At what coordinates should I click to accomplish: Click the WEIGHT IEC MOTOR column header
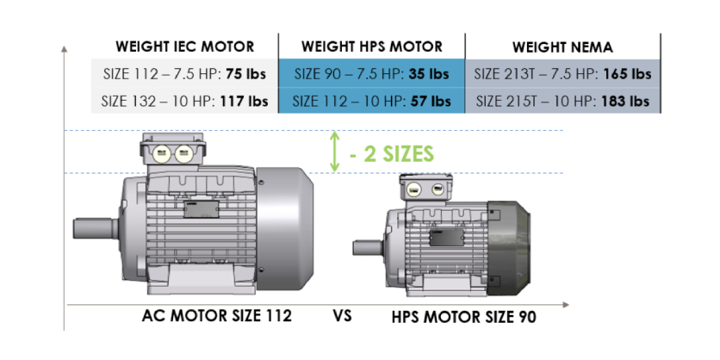point(184,47)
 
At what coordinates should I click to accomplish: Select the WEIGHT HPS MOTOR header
point(372,47)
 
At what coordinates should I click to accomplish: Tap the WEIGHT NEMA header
point(562,47)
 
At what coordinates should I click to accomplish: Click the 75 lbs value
point(245,74)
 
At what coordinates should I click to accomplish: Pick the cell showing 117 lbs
point(184,101)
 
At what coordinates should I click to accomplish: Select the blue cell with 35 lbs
point(372,73)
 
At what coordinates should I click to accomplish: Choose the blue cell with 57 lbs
point(372,100)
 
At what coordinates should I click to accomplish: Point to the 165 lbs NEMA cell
point(563,73)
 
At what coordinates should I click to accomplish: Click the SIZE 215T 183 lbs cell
point(563,100)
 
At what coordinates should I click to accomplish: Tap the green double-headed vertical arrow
point(335,152)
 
